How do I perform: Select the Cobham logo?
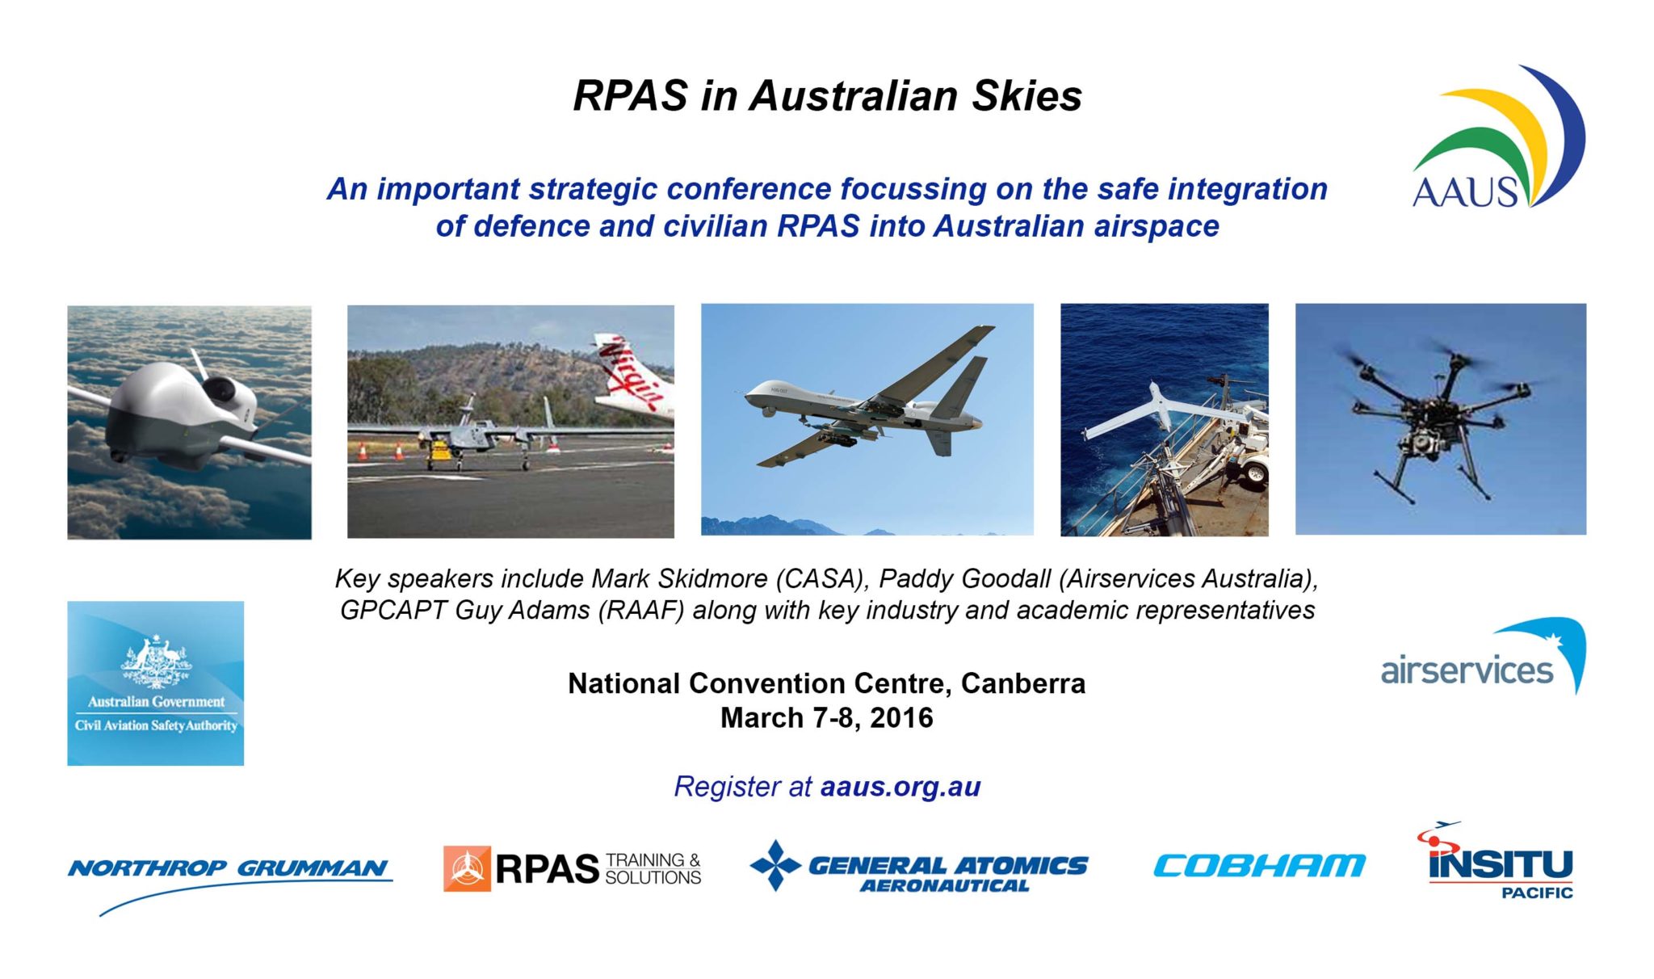1259,866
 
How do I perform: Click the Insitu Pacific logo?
1500,864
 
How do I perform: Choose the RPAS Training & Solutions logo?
572,869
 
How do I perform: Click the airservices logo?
1483,658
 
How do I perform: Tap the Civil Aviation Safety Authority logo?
155,683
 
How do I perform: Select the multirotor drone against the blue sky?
1438,416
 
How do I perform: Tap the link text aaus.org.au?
900,787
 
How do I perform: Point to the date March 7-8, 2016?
826,718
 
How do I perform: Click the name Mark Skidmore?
678,579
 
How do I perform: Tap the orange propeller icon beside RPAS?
467,869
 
